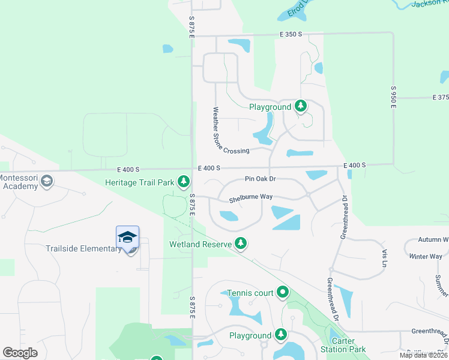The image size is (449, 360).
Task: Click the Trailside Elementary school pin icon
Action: tap(127, 237)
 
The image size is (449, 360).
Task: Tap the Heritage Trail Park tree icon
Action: tap(183, 181)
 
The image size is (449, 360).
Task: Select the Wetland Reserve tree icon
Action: tap(241, 243)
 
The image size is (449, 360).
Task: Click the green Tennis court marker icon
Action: tap(283, 293)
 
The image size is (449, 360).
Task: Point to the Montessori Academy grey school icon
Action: tap(47, 181)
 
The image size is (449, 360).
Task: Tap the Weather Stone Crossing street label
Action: tap(230, 132)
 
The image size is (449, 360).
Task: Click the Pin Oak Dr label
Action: tap(260, 179)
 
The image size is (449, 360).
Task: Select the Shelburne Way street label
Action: tap(251, 197)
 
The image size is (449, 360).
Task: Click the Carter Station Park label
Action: tap(347, 346)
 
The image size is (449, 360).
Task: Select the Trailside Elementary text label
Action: tap(83, 248)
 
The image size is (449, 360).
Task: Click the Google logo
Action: tap(20, 353)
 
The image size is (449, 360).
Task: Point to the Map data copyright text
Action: tap(423, 355)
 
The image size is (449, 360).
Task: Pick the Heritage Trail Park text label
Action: tap(139, 182)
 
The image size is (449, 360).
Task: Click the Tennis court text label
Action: tap(250, 293)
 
